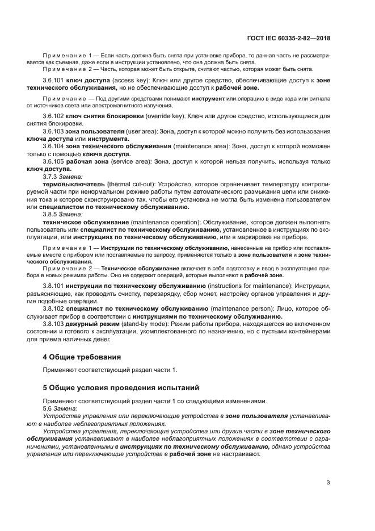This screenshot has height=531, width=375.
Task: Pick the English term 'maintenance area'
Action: pyautogui.click(x=201, y=146)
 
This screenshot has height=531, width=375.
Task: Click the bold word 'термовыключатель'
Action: pyautogui.click(x=74, y=184)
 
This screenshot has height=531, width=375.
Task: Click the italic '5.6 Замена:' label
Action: pyautogui.click(x=62, y=407)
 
